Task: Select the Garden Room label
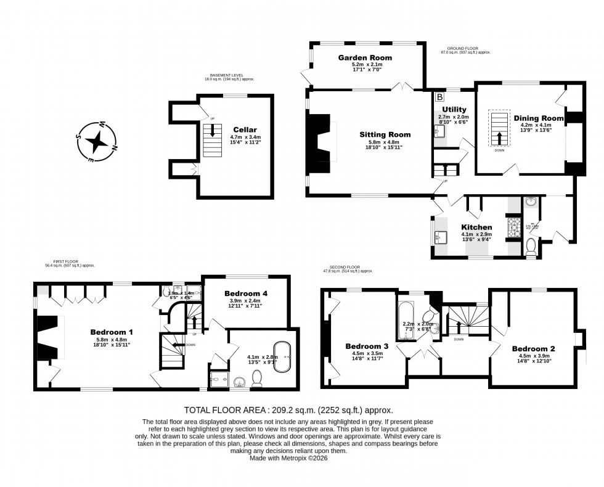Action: (x=364, y=57)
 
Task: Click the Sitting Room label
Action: (x=385, y=134)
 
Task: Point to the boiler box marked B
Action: (x=439, y=97)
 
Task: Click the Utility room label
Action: (x=454, y=109)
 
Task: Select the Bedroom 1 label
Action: (x=112, y=332)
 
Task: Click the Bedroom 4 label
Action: (x=246, y=293)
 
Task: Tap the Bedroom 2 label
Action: (x=534, y=348)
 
